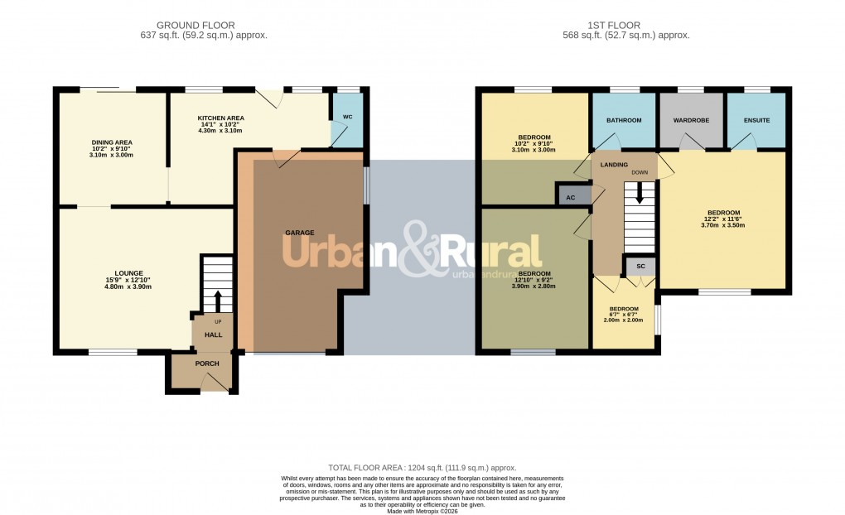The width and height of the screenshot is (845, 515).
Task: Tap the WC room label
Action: click(x=347, y=118)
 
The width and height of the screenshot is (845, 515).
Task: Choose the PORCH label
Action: click(x=206, y=363)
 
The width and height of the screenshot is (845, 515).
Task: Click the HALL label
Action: click(x=213, y=335)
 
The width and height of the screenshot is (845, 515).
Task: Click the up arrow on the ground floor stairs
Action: click(x=218, y=301)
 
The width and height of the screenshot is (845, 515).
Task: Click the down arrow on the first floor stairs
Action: click(x=640, y=194)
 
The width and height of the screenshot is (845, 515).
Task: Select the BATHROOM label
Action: click(x=624, y=121)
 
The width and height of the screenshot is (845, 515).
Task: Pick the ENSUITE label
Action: click(x=756, y=121)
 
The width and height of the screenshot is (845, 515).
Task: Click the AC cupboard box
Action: click(x=570, y=197)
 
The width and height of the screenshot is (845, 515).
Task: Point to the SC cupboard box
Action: click(x=640, y=267)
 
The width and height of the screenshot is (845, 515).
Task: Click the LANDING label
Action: click(x=614, y=165)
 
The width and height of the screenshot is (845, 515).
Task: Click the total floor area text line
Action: click(x=422, y=468)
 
